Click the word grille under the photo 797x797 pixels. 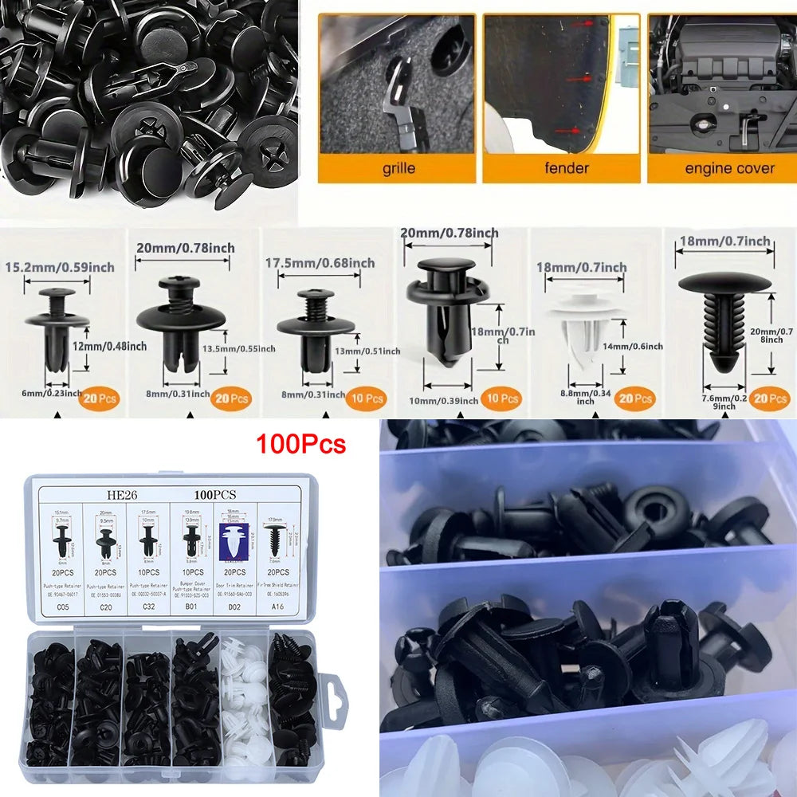point(398,168)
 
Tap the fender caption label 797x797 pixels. point(566,168)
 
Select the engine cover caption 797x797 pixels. point(729,168)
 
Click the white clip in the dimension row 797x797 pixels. point(588,327)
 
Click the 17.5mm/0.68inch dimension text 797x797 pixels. point(320,263)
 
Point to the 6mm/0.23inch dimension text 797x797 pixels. point(50,392)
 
